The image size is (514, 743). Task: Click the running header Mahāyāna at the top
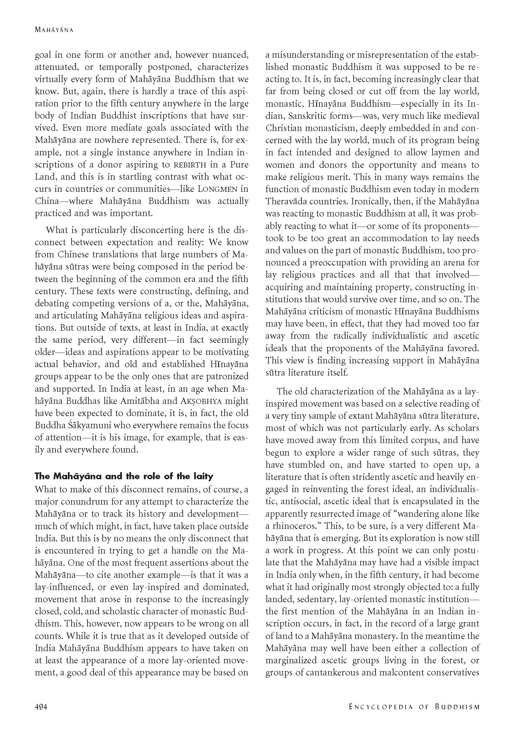54,30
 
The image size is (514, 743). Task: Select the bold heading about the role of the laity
124,476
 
